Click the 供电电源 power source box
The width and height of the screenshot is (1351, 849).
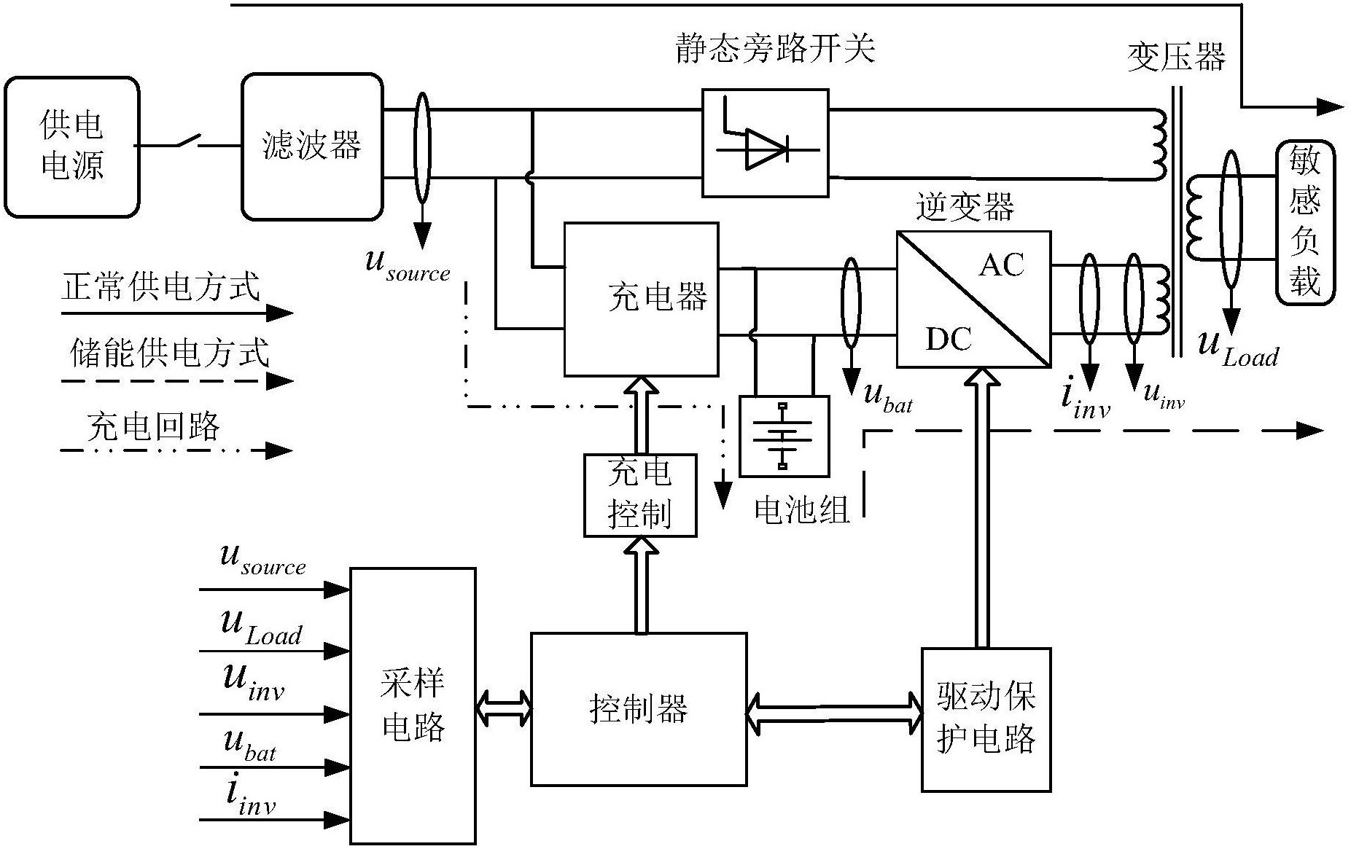click(x=71, y=146)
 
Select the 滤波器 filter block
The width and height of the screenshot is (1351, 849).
click(x=312, y=146)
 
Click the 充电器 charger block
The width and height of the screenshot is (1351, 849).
click(x=642, y=299)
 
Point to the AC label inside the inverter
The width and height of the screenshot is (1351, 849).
click(x=1001, y=265)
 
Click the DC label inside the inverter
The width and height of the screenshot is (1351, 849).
click(x=948, y=339)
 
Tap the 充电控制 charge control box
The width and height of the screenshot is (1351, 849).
click(x=640, y=495)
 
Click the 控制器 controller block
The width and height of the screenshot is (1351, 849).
click(x=639, y=708)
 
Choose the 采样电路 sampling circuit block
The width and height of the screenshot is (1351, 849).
click(x=413, y=705)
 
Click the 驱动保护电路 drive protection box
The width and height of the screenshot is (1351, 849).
click(x=986, y=719)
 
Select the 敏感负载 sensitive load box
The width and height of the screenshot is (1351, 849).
click(x=1305, y=222)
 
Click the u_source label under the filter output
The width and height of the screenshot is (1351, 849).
click(x=408, y=265)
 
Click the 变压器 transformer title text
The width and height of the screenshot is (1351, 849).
click(x=1176, y=57)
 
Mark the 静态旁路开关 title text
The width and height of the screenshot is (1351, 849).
click(x=774, y=49)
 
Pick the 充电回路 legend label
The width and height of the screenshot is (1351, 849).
click(x=153, y=426)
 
